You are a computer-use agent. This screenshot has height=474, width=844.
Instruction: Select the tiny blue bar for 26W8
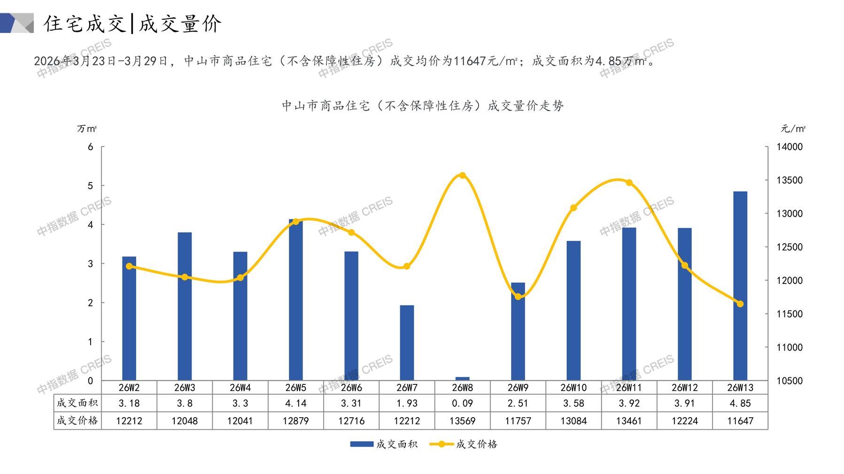pyautogui.click(x=462, y=378)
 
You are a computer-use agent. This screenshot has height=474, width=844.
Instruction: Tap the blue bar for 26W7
pyautogui.click(x=407, y=343)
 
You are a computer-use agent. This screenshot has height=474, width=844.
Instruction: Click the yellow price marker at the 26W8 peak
pyautogui.click(x=462, y=176)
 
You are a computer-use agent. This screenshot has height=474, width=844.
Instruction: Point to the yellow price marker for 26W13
pyautogui.click(x=740, y=304)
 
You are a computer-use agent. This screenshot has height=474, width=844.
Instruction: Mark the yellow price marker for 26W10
pyautogui.click(x=573, y=208)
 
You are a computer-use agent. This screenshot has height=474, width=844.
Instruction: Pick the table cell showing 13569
pyautogui.click(x=462, y=421)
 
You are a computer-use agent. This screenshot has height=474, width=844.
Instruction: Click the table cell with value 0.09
pyautogui.click(x=462, y=403)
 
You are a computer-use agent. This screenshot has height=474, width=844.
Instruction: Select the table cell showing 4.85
pyautogui.click(x=740, y=403)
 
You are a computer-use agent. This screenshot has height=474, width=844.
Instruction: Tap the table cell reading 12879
pyautogui.click(x=295, y=421)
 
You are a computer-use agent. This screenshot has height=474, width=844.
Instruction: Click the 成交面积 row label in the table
pyautogui.click(x=77, y=403)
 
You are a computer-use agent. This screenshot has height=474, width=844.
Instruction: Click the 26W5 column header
pyautogui.click(x=295, y=388)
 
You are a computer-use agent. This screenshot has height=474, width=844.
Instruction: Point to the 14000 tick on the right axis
pyautogui.click(x=790, y=147)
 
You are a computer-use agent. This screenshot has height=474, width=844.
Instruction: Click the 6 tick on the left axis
pyautogui.click(x=91, y=147)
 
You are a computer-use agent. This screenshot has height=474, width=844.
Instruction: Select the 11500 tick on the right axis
pyautogui.click(x=790, y=314)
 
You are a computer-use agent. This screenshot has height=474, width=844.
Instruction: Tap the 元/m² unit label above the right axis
pyautogui.click(x=793, y=129)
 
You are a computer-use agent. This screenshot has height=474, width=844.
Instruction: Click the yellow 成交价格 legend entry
pyautogui.click(x=464, y=444)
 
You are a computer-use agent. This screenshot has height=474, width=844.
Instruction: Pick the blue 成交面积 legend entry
pyautogui.click(x=384, y=444)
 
